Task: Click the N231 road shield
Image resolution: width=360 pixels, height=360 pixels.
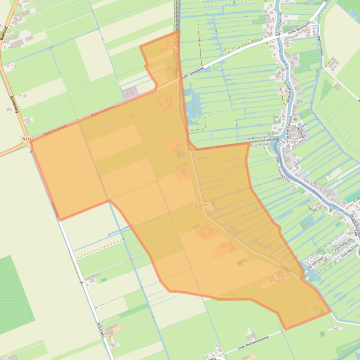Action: click(x=26, y=139)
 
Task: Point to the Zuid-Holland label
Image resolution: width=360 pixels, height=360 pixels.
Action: click(x=261, y=145)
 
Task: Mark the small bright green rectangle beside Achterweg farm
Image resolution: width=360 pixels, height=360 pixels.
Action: click(x=104, y=280)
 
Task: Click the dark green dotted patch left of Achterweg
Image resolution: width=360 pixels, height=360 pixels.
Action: click(x=14, y=295)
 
